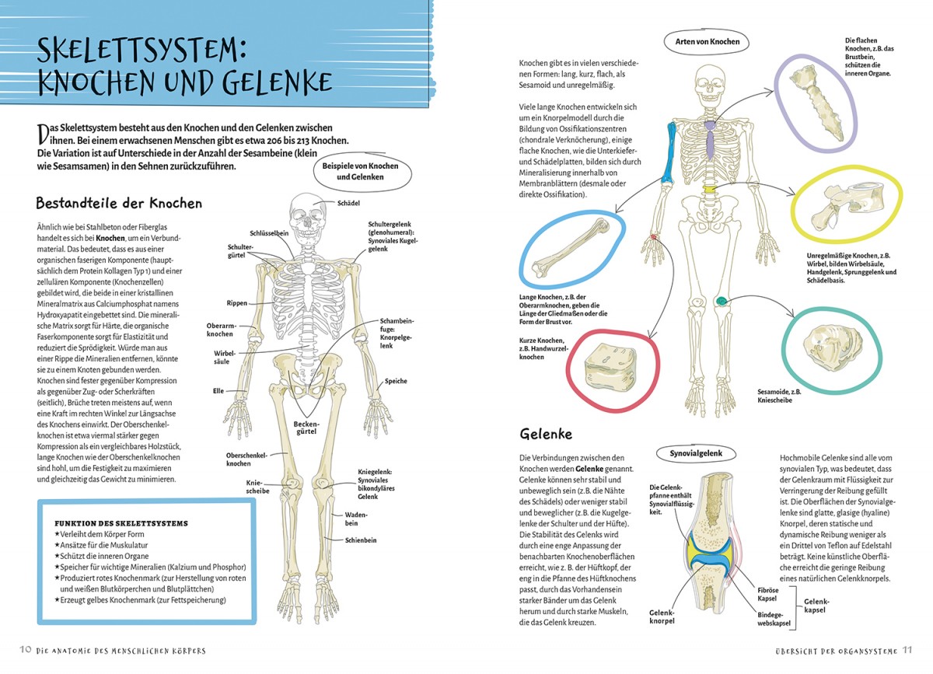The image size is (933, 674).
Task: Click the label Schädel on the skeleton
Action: pyautogui.click(x=348, y=203)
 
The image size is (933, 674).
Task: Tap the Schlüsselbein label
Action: pyautogui.click(x=269, y=233)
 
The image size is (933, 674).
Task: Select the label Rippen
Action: pyautogui.click(x=237, y=303)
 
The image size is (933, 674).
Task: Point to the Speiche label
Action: pyautogui.click(x=396, y=381)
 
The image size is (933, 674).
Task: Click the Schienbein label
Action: pyautogui.click(x=361, y=540)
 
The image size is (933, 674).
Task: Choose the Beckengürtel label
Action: pyautogui.click(x=306, y=428)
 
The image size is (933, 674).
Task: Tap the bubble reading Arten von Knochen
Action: pyautogui.click(x=708, y=42)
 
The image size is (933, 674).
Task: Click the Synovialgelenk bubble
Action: pyautogui.click(x=696, y=453)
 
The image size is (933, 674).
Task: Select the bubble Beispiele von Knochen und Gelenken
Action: pyautogui.click(x=360, y=172)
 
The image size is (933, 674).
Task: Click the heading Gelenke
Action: pyautogui.click(x=546, y=434)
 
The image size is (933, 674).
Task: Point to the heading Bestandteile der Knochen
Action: pyautogui.click(x=119, y=203)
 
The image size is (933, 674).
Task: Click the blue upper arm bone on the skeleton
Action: pyautogui.click(x=669, y=153)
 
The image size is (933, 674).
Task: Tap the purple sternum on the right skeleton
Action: pyautogui.click(x=710, y=140)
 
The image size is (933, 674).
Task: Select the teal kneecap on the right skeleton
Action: pyautogui.click(x=721, y=301)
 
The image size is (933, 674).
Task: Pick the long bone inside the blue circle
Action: pyautogui.click(x=571, y=248)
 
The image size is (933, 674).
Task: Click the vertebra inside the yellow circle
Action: pyautogui.click(x=847, y=206)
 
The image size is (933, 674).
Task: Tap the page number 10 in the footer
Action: pyautogui.click(x=26, y=649)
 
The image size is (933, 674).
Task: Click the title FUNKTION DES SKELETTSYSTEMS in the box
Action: pyautogui.click(x=121, y=524)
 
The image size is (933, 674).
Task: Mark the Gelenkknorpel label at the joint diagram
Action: pyautogui.click(x=662, y=617)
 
